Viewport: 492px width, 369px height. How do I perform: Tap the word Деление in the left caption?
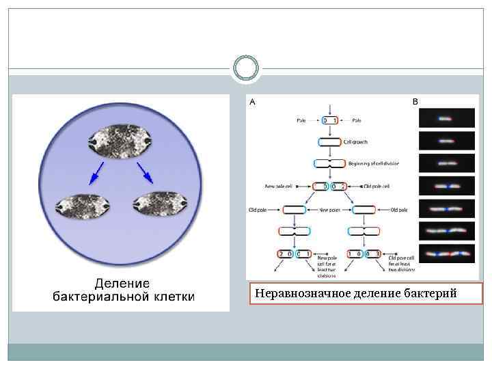(122, 283)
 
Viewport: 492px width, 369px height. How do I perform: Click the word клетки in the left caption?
(173, 297)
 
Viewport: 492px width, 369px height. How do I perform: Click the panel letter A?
(252, 102)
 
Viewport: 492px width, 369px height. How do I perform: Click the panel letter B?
(415, 101)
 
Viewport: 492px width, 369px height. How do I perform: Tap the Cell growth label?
(355, 142)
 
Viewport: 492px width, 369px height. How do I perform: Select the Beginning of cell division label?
(373, 164)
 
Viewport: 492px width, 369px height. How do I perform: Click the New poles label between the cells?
(329, 209)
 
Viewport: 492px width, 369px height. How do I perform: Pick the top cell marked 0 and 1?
(329, 120)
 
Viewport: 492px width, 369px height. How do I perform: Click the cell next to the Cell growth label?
(329, 142)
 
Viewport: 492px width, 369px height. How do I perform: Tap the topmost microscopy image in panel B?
(446, 118)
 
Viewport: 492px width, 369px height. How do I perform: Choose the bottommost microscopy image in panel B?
(446, 254)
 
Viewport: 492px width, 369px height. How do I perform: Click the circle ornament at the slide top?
(246, 68)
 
